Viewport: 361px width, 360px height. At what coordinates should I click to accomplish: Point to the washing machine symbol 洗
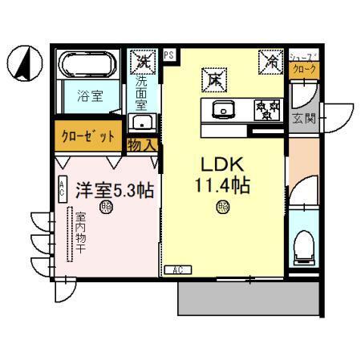144,60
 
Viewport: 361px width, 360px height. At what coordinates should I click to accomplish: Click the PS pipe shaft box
169,55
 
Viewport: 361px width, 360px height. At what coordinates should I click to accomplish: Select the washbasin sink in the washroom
144,123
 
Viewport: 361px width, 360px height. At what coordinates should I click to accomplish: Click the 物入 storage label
143,146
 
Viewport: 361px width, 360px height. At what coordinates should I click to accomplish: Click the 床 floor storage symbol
215,79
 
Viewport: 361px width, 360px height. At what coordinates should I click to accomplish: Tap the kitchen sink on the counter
221,109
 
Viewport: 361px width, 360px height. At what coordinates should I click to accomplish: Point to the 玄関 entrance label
306,119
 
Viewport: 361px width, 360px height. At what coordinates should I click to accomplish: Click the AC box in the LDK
177,270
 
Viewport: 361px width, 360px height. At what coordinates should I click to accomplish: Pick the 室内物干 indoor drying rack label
80,233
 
